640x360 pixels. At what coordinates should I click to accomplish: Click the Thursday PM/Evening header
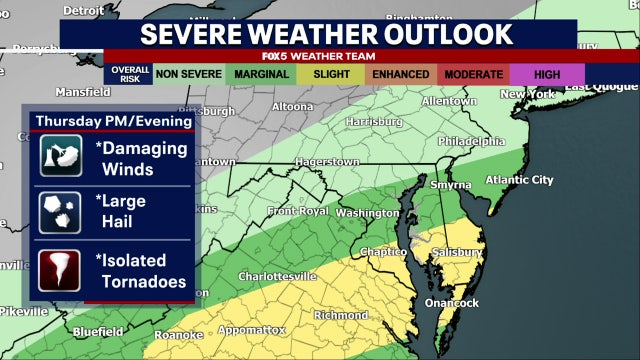(x=113, y=121)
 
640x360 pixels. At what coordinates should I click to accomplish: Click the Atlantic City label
(x=518, y=180)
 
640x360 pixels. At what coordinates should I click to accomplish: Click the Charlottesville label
(x=277, y=275)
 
